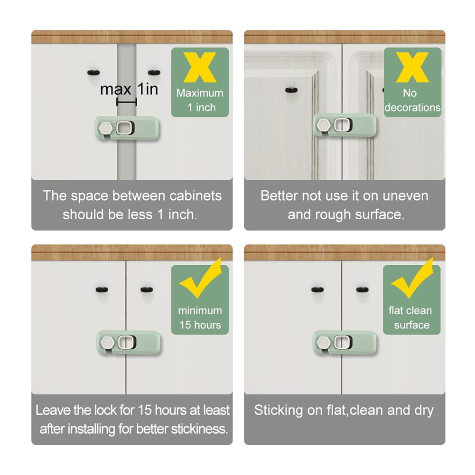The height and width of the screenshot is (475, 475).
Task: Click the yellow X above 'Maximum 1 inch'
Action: pyautogui.click(x=200, y=67)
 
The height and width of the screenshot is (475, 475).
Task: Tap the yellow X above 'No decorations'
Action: pyautogui.click(x=412, y=67)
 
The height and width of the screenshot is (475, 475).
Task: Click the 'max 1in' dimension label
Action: pyautogui.click(x=129, y=89)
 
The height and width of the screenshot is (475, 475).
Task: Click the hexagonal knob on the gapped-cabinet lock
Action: pyautogui.click(x=106, y=128)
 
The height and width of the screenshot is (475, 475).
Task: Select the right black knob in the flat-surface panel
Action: pyautogui.click(x=363, y=289)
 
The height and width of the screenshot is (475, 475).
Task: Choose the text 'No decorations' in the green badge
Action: pyautogui.click(x=412, y=101)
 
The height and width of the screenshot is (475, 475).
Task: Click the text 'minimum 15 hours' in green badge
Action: pyautogui.click(x=200, y=318)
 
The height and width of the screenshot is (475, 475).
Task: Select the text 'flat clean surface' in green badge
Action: pyautogui.click(x=411, y=318)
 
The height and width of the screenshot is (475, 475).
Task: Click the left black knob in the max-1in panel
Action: pyautogui.click(x=93, y=73)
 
